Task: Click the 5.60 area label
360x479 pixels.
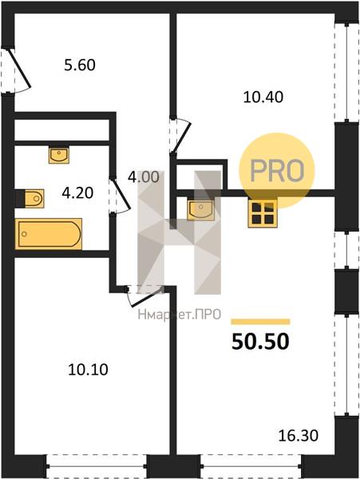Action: (80, 65)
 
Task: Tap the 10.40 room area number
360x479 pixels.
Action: (263, 97)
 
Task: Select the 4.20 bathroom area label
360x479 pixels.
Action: (77, 193)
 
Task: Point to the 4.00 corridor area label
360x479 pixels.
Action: (144, 177)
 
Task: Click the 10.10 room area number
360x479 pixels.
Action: (88, 370)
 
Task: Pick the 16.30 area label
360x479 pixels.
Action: (299, 435)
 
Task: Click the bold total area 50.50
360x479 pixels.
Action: (260, 341)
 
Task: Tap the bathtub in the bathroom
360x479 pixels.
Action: (49, 234)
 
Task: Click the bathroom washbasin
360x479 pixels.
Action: (58, 155)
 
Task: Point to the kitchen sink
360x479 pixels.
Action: (200, 210)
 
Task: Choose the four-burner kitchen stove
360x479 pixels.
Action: (263, 213)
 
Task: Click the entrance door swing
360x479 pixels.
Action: (18, 70)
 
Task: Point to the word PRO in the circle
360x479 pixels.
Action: (277, 171)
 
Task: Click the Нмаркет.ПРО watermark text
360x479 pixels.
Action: (180, 314)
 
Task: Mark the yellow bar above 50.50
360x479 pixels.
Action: (260, 322)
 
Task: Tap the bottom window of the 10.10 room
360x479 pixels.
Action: (97, 466)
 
